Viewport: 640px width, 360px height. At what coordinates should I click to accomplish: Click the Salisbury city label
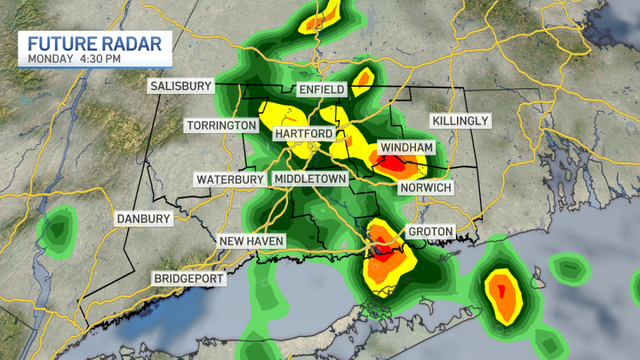pos(181,86)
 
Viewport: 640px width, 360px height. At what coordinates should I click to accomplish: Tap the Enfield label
pos(321,89)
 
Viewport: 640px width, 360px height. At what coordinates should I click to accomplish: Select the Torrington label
pos(222,125)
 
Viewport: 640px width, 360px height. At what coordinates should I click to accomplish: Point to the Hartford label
pos(304,133)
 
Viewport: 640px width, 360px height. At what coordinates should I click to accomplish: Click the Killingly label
pos(460,121)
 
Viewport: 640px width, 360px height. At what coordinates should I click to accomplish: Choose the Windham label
pos(405,147)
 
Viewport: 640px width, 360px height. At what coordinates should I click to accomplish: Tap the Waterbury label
pos(230,179)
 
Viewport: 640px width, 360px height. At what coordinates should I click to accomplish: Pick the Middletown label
pos(310,179)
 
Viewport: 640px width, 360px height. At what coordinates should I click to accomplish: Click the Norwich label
pos(426,188)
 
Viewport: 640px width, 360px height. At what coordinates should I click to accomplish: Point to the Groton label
pos(431,231)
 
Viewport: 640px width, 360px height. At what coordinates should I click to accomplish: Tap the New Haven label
pos(251,241)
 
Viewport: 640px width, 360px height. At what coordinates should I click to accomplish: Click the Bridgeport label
pos(188,278)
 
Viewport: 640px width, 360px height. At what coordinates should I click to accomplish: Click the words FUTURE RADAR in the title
pos(94,43)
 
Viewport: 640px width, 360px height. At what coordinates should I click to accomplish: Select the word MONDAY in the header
pos(50,58)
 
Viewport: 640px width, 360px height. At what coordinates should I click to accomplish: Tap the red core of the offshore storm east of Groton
pos(501,291)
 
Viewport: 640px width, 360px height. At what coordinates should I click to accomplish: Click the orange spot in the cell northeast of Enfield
pos(364,79)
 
